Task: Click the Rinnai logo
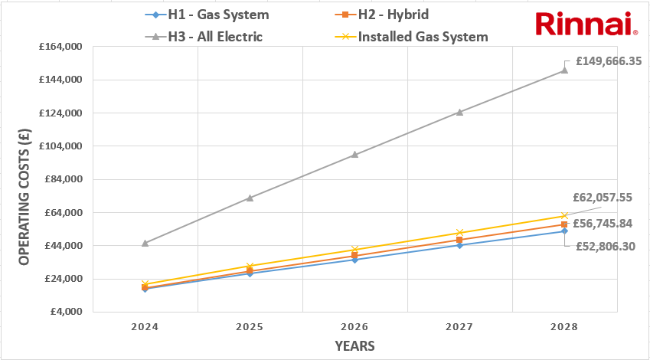[586, 24]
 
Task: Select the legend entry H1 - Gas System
[211, 15]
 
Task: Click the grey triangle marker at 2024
[145, 243]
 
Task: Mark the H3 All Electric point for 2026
[354, 154]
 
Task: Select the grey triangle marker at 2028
[564, 70]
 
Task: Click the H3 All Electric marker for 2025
[250, 198]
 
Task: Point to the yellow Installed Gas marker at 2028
[564, 216]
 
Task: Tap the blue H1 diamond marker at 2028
[564, 231]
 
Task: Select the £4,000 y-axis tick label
[64, 312]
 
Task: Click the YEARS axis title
[354, 346]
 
